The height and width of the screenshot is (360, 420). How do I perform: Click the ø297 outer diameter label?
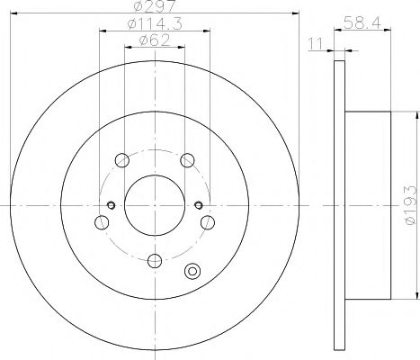click(153, 8)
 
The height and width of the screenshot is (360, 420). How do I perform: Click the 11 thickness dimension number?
click(314, 41)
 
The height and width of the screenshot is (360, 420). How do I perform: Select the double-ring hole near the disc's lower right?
click(191, 271)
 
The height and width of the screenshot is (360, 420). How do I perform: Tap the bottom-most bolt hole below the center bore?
click(154, 261)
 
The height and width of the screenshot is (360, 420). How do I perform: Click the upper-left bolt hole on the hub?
click(120, 161)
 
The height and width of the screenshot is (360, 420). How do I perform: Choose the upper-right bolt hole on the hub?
click(187, 161)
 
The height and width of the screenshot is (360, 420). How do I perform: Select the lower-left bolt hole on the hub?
click(99, 222)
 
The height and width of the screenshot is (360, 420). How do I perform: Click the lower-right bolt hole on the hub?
click(208, 222)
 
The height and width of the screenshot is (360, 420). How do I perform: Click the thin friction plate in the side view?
click(338, 205)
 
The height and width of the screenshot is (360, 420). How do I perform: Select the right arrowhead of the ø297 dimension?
click(293, 15)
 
